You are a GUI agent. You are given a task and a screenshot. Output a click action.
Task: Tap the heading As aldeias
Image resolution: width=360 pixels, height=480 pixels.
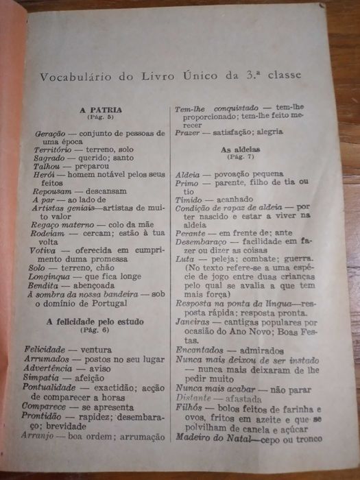(x=239, y=149)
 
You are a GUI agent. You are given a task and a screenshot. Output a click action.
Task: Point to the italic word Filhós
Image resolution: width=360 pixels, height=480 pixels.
(x=187, y=408)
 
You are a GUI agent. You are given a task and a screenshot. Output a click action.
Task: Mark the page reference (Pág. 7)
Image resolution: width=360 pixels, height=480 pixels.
(x=239, y=158)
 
